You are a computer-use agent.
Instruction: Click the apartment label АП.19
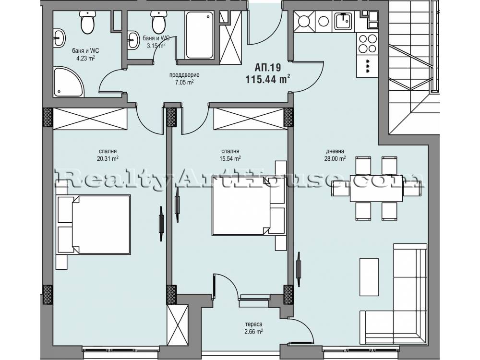click(268, 67)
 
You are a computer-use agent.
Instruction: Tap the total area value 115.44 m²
click(268, 80)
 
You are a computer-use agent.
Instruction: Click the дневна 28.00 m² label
click(335, 155)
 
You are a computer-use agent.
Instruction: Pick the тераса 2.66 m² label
click(253, 328)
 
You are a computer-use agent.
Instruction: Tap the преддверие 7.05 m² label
click(185, 79)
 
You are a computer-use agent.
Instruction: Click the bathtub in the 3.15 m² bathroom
click(200, 35)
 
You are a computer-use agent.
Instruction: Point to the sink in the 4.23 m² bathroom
click(59, 38)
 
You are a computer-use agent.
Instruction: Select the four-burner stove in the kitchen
click(367, 44)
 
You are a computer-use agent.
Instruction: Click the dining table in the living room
click(376, 188)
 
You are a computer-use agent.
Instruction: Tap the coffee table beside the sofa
click(369, 277)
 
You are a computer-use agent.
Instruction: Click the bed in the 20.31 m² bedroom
click(94, 224)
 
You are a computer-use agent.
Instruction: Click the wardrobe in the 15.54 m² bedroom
click(251, 119)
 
